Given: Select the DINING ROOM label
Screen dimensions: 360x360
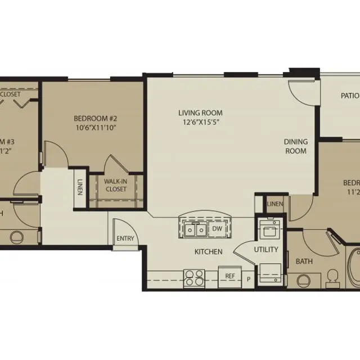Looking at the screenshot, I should [x=295, y=146].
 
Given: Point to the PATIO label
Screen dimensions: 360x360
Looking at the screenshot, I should [x=349, y=96].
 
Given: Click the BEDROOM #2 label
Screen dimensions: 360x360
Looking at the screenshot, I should [x=94, y=119].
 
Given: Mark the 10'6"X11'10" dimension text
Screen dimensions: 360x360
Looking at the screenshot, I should [x=94, y=128].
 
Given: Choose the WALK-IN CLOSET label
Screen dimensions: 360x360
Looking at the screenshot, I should [x=115, y=184].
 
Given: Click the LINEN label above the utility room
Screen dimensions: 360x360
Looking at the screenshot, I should [x=274, y=204].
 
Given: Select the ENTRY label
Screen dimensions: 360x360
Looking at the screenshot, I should [x=125, y=238].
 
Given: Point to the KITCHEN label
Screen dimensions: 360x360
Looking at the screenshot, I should [x=208, y=251].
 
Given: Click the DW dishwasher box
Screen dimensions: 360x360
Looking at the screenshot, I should [x=217, y=229].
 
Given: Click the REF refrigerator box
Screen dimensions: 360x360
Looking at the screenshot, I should [x=229, y=276].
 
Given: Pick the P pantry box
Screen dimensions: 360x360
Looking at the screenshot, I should [x=249, y=277].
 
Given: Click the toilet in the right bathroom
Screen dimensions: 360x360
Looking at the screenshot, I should [x=332, y=277].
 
